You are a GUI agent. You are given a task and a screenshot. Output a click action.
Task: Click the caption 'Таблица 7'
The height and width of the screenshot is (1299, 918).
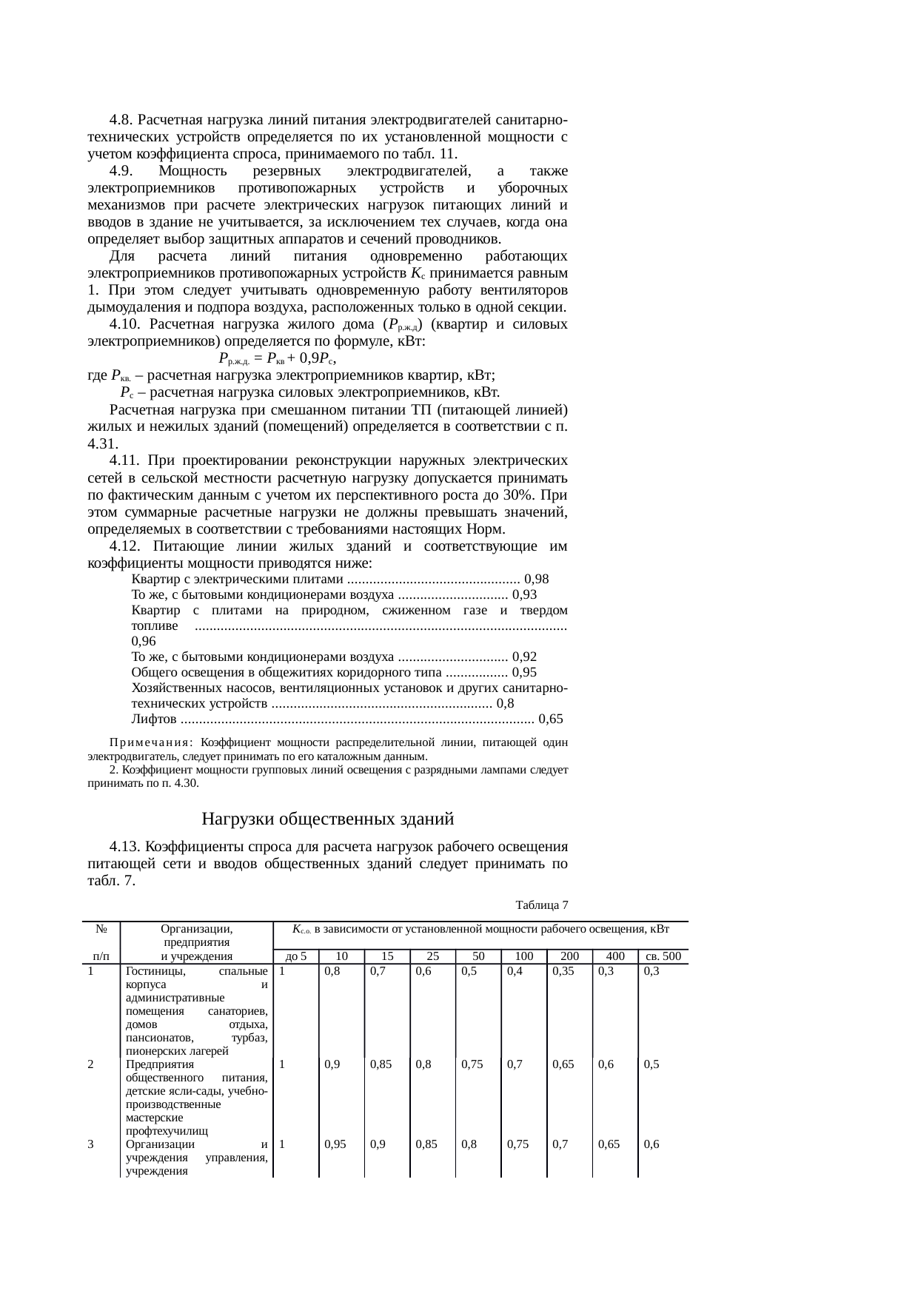click(542, 905)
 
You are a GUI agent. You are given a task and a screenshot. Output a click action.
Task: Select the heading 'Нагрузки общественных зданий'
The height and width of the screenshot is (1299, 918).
click(327, 819)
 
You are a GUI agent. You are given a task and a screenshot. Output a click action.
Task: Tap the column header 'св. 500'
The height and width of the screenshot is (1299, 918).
click(663, 956)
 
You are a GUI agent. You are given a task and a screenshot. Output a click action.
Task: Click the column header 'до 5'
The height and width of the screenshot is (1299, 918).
click(296, 956)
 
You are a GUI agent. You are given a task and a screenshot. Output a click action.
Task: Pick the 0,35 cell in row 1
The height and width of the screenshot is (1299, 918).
click(563, 971)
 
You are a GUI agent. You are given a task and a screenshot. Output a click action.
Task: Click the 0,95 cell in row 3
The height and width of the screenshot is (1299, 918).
click(336, 1144)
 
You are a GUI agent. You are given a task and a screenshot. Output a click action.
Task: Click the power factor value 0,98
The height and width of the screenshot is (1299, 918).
click(535, 579)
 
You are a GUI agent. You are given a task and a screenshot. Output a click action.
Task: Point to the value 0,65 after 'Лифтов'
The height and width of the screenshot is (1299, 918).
click(551, 719)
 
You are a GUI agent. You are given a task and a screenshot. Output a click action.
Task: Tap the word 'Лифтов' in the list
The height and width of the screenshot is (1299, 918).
click(153, 719)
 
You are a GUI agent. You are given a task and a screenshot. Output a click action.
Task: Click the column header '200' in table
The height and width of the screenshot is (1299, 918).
click(570, 956)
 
